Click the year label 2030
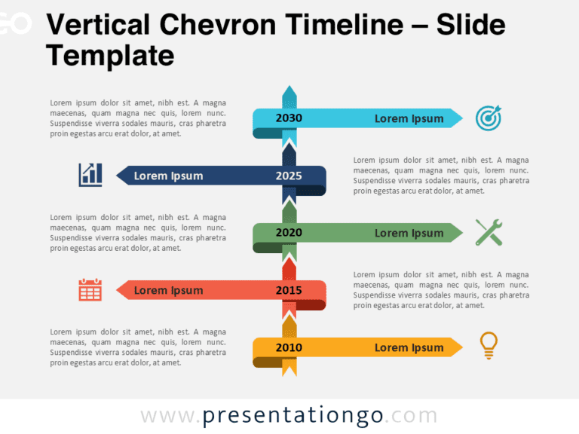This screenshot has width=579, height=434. coord(289,118)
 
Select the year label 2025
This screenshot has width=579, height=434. coord(289,176)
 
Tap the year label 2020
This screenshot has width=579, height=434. coord(289,233)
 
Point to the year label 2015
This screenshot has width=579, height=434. coord(289,291)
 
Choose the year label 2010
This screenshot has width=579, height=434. coord(289,348)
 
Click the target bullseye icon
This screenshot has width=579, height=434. coord(489,118)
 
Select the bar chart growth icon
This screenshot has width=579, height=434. coord(90,175)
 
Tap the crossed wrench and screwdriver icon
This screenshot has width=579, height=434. coord(489,232)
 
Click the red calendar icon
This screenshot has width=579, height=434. coord(90,290)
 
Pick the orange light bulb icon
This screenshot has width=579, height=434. coord(489,345)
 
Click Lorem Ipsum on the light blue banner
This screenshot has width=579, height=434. coord(409,118)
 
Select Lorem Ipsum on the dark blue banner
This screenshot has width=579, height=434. coord(168,176)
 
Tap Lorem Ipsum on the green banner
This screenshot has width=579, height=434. coord(409,233)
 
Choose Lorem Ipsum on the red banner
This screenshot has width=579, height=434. coord(168,291)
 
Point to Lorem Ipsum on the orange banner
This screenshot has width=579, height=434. coord(409,348)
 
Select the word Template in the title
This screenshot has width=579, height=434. coord(110,55)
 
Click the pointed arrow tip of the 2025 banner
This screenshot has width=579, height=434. coord(121,176)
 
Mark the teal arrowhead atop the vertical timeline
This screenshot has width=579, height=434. coord(289,93)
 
